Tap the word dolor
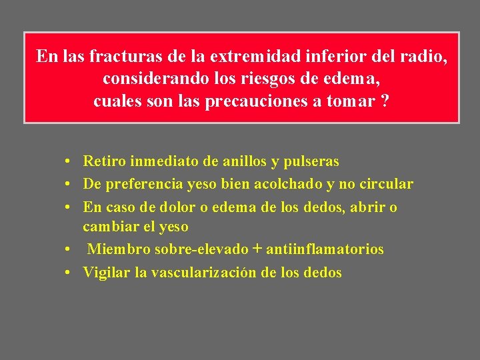tap(171, 207)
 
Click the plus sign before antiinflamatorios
tap(257, 249)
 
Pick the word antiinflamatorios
tap(325, 249)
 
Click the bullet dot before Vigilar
tap(69, 273)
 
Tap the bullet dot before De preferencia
tap(69, 185)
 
